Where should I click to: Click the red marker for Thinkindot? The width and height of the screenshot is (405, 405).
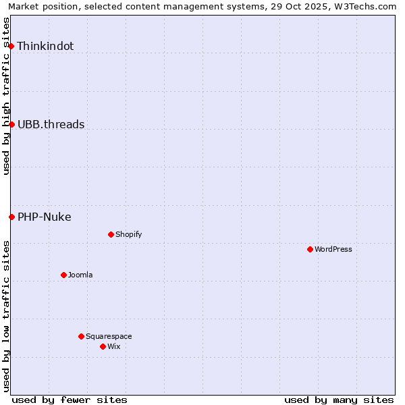pos(11,46)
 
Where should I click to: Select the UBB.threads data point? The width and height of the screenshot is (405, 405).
pos(11,124)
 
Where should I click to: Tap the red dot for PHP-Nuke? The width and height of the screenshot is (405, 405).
pos(11,217)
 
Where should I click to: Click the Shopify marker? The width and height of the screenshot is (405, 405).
pos(111,234)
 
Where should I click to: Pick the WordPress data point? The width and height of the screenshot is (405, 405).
pos(310,249)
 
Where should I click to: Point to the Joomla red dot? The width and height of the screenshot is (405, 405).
pos(63,275)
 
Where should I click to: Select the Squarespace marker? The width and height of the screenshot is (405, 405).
pos(81,336)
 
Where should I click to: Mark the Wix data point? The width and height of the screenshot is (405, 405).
pos(103,346)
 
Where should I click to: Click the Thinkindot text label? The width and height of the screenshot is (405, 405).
pos(45,47)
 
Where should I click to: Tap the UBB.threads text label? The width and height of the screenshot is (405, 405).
pos(51,124)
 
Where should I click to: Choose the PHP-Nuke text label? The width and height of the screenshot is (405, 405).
pos(44,217)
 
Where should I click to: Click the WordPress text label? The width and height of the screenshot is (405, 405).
pos(333,249)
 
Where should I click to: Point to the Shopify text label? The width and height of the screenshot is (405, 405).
pos(128,234)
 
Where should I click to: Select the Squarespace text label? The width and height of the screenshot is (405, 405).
pos(109,336)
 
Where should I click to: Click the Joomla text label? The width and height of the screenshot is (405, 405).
pos(80,275)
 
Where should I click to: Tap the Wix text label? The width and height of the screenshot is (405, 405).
pos(113,346)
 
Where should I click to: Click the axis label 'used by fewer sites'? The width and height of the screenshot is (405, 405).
pos(70,400)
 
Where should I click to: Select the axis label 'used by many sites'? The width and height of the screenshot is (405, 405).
pos(339,400)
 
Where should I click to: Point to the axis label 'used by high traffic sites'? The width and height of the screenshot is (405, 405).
pos(6,96)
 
